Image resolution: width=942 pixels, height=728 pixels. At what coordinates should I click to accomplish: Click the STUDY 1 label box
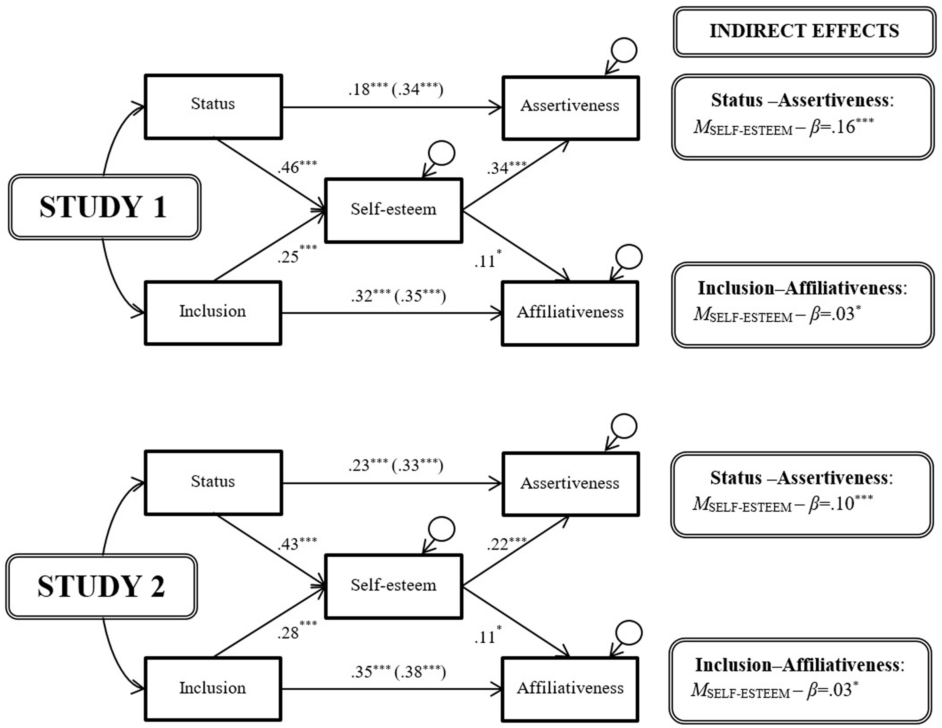point(104,207)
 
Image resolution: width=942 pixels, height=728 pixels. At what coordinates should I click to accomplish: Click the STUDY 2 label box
point(102,586)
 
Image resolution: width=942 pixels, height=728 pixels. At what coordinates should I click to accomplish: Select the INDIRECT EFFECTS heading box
point(804,31)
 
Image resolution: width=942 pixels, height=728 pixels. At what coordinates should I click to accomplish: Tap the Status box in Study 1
point(213,106)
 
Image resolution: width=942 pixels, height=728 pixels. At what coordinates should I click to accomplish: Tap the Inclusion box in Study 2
point(213,688)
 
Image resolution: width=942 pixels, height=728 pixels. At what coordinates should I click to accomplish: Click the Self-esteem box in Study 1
point(393,210)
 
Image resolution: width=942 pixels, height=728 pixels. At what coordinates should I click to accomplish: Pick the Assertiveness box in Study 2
point(570,484)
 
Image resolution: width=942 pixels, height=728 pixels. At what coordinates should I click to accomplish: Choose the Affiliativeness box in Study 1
point(570,313)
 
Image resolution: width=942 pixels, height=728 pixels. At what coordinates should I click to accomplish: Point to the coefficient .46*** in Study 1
point(297,167)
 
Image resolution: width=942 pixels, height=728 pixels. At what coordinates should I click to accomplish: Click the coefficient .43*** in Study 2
point(297,544)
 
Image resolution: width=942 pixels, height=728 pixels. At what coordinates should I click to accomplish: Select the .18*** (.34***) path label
point(395,89)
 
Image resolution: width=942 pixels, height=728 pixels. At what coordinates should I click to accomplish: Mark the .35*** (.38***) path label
point(398,672)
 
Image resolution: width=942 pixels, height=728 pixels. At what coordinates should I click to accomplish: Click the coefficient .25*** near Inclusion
point(297,255)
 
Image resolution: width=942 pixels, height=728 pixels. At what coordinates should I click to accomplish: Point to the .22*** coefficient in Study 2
point(506,544)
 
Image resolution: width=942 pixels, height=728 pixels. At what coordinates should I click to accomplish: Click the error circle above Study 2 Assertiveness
point(624,427)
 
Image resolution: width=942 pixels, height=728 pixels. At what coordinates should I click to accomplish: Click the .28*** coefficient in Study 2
point(297,632)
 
